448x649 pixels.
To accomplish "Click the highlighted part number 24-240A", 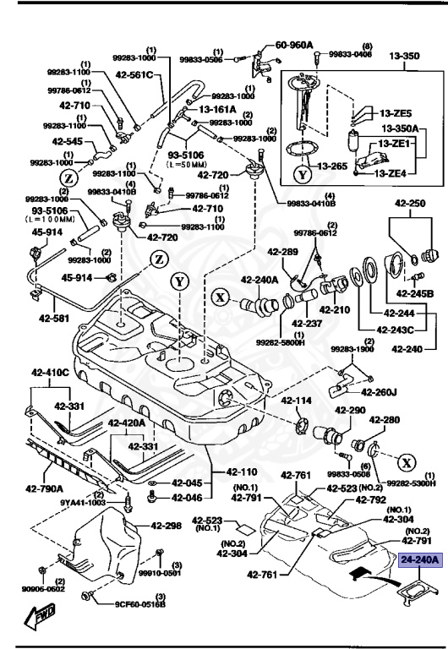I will (x=416, y=559).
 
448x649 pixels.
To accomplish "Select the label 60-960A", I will (x=293, y=45).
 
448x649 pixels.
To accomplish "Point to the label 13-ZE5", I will (x=395, y=113).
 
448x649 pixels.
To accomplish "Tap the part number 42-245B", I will (x=416, y=293).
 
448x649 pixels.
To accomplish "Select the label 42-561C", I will (x=136, y=76).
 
